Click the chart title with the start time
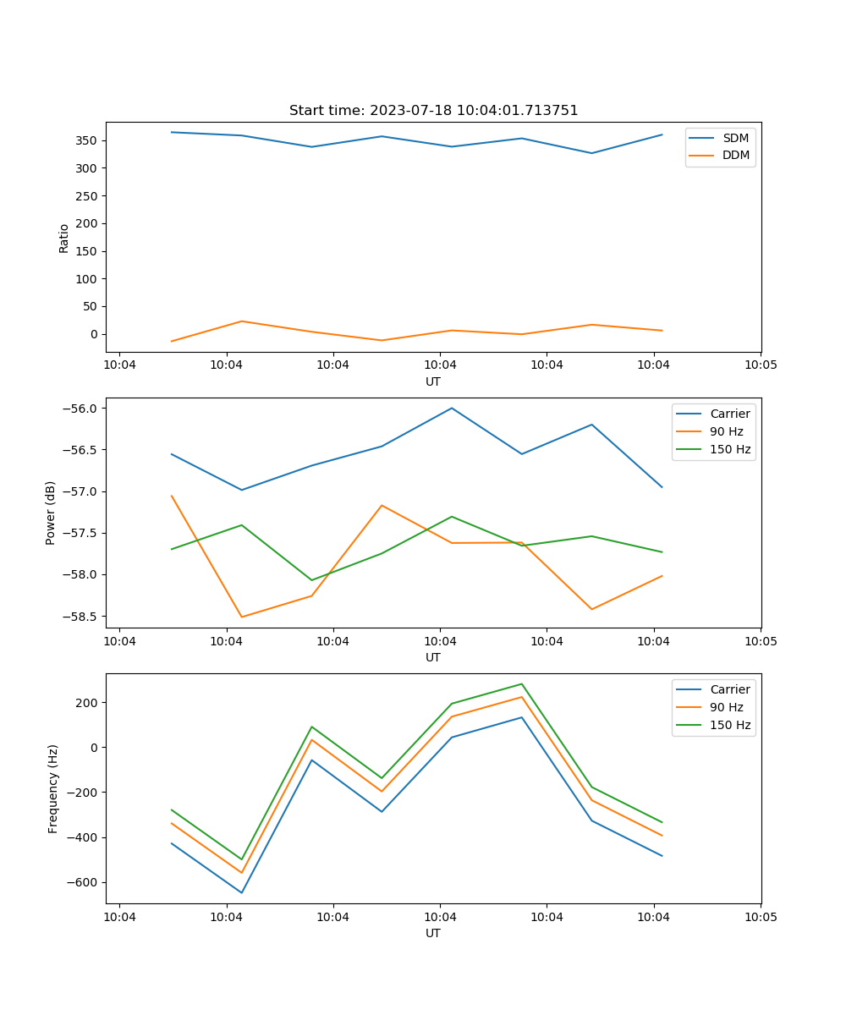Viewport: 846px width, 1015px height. tap(433, 111)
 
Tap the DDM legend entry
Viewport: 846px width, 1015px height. tap(735, 155)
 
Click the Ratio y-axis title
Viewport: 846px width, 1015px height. tap(64, 239)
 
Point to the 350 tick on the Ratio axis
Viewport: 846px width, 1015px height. tap(88, 140)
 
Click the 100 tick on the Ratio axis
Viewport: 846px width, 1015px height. tap(88, 279)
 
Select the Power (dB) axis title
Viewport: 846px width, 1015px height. tap(51, 513)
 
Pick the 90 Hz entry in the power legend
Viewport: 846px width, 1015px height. tap(727, 431)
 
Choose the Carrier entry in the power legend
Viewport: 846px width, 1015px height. tap(729, 414)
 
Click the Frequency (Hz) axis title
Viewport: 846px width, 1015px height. tap(53, 788)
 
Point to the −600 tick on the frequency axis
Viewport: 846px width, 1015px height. tap(82, 882)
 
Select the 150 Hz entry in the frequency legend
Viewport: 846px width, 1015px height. tap(730, 725)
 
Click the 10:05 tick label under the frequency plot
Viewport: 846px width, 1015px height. tap(760, 918)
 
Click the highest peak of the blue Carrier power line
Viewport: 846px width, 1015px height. tap(452, 408)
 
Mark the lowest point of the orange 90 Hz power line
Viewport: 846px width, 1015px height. tap(242, 617)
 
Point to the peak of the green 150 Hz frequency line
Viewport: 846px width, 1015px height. tap(522, 683)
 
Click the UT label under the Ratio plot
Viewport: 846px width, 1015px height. tap(433, 381)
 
